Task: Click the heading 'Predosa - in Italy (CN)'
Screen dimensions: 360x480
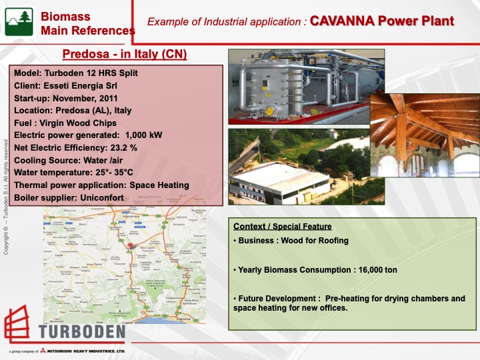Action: click(x=124, y=54)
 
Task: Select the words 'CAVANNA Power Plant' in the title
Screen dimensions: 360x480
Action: click(x=381, y=21)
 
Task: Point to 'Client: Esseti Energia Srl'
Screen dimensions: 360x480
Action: click(x=69, y=86)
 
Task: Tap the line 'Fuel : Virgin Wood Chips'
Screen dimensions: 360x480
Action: click(x=65, y=123)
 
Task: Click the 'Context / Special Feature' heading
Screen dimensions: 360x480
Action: click(x=282, y=227)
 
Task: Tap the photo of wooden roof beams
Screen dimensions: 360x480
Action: click(x=423, y=130)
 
